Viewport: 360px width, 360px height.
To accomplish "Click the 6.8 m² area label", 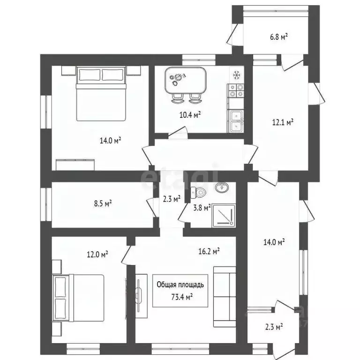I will (x=278, y=37).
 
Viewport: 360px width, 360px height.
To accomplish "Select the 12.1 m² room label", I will (x=283, y=122).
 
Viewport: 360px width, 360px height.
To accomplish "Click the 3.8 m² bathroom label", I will (x=202, y=207).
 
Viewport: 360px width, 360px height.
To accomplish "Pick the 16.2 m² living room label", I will (x=209, y=252).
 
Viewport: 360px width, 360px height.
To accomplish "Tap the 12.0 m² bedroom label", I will (x=97, y=255).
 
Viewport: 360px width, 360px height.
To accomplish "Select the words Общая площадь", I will (x=180, y=285).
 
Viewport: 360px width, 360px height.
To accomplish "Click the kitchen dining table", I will (x=186, y=81).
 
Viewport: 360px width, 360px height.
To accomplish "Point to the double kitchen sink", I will (x=236, y=120).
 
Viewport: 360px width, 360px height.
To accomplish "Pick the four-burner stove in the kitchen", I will (x=236, y=90).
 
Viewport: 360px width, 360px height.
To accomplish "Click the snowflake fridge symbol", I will (x=237, y=75).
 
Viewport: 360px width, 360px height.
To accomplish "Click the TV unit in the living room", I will (x=140, y=297).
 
